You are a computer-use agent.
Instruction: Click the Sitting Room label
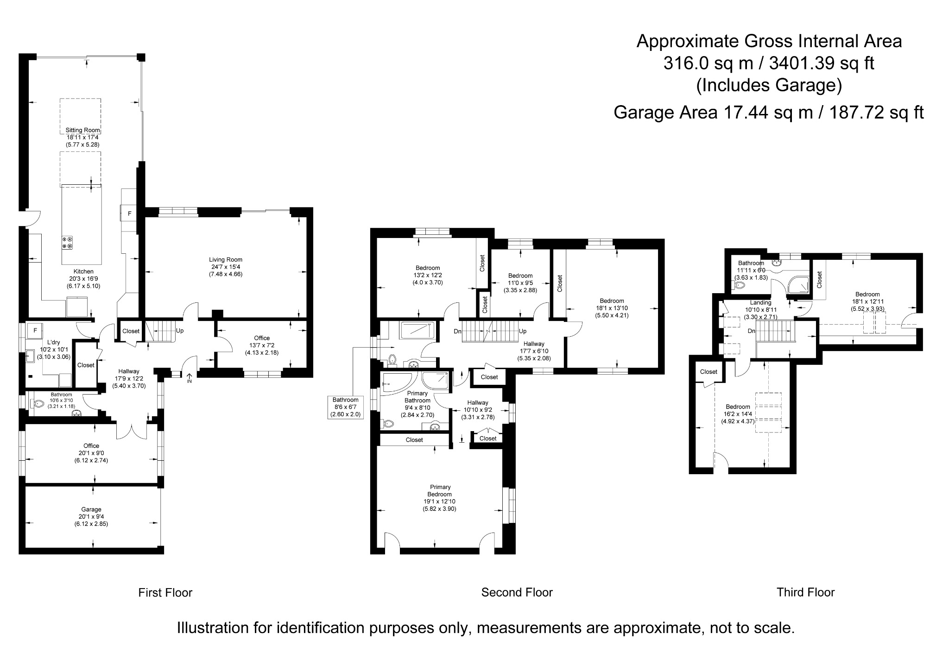pos(82,131)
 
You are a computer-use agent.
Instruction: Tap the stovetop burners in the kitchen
pos(67,243)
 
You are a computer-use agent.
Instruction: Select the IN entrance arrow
pos(189,377)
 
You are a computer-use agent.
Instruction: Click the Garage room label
pos(91,509)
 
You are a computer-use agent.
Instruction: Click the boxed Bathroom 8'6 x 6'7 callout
pos(345,407)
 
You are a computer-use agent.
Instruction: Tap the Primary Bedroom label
pos(440,490)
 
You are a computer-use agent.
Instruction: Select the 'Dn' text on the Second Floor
pos(457,331)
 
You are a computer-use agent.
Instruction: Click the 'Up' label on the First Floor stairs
pos(180,331)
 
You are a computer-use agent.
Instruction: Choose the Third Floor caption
pos(805,592)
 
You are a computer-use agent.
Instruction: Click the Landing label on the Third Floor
pos(760,303)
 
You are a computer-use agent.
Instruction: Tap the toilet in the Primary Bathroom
pos(388,423)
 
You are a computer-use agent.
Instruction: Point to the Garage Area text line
pos(768,113)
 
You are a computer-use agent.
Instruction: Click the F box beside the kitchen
pos(130,213)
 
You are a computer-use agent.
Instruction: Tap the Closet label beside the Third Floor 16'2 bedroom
pos(709,371)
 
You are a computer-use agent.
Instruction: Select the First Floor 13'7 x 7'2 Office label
pos(262,338)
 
